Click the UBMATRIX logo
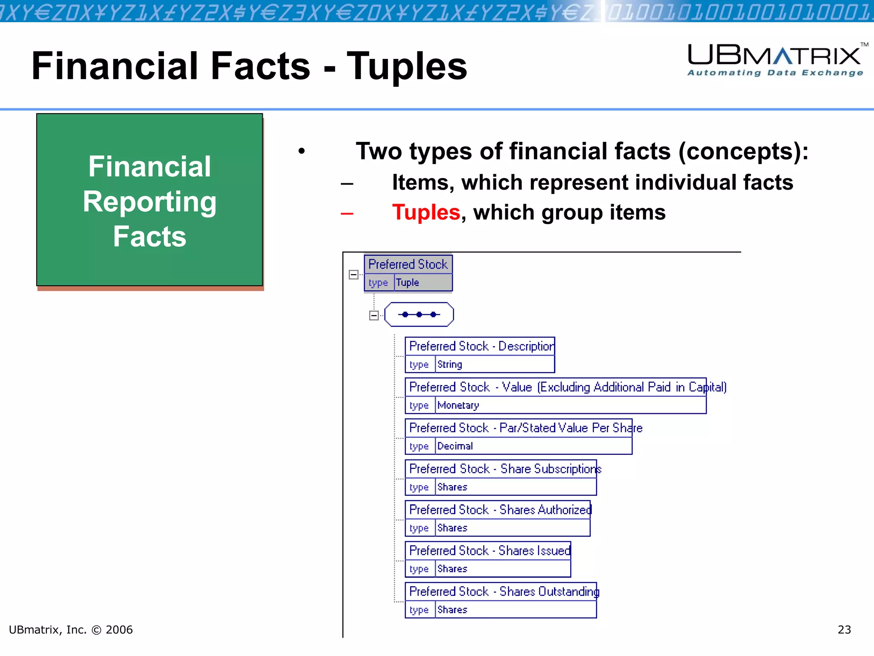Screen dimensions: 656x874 (x=774, y=56)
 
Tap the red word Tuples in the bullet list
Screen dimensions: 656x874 (x=425, y=212)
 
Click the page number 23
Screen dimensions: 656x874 (x=844, y=630)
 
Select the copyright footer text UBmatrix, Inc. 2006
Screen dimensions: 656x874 (x=71, y=630)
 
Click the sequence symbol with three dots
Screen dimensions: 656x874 (x=419, y=314)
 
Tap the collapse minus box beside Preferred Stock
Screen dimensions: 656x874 (x=353, y=275)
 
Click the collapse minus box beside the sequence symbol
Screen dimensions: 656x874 (x=374, y=316)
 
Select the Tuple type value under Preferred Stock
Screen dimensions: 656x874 (x=408, y=282)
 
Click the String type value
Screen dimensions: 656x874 (x=449, y=364)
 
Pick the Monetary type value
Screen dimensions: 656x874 (x=458, y=405)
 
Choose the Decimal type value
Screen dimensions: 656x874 (x=455, y=446)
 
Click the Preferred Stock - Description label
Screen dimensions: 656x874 (x=481, y=346)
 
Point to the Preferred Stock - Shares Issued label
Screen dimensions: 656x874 (x=489, y=551)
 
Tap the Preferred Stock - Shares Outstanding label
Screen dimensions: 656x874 (x=504, y=592)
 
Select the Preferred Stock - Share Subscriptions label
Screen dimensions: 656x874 (x=504, y=469)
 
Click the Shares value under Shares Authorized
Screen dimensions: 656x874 (x=452, y=528)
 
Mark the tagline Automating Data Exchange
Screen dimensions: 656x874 (x=775, y=73)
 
